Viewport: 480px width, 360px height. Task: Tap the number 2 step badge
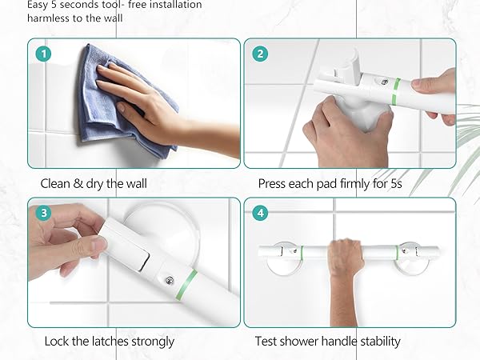(x=259, y=54)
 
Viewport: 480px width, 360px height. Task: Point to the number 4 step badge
(x=259, y=214)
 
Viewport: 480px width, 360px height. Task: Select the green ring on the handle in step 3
(x=190, y=282)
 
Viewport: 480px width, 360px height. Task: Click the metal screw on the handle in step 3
(x=169, y=281)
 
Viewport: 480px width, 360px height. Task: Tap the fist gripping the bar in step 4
(x=346, y=254)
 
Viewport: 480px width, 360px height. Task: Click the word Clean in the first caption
(x=57, y=183)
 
